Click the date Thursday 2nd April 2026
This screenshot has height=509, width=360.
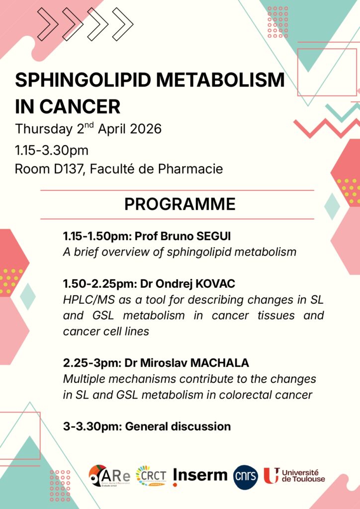89,129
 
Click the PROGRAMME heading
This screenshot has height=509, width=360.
180,204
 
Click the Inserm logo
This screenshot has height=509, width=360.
200,476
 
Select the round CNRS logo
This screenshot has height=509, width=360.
246,477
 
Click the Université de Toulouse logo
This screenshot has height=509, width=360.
294,476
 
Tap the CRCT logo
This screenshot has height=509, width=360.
151,476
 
